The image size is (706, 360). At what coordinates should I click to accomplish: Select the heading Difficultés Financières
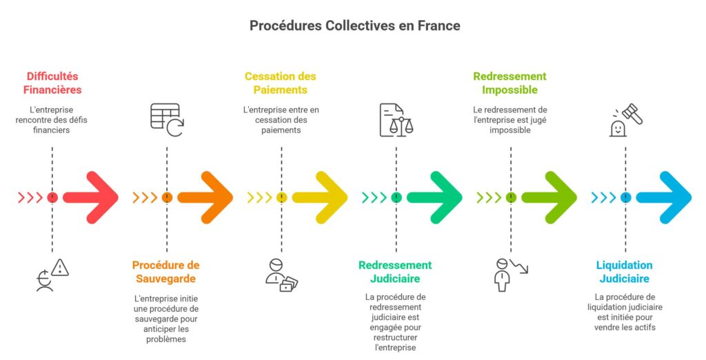pyautogui.click(x=52, y=83)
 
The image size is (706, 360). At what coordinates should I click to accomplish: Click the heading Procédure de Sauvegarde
pyautogui.click(x=165, y=272)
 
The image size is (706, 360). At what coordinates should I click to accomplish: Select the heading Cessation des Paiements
pyautogui.click(x=280, y=83)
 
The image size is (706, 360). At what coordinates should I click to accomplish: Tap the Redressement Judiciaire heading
pyautogui.click(x=395, y=272)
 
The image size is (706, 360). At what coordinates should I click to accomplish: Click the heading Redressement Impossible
pyautogui.click(x=510, y=83)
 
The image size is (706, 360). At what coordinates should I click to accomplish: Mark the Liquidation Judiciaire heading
pyautogui.click(x=624, y=272)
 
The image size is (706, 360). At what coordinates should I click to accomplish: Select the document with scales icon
pyautogui.click(x=396, y=120)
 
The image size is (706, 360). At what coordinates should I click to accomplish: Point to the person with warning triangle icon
pyautogui.click(x=53, y=274)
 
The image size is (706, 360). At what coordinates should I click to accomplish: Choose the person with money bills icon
pyautogui.click(x=281, y=274)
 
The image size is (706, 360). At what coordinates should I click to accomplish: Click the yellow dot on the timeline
pyautogui.click(x=281, y=198)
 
